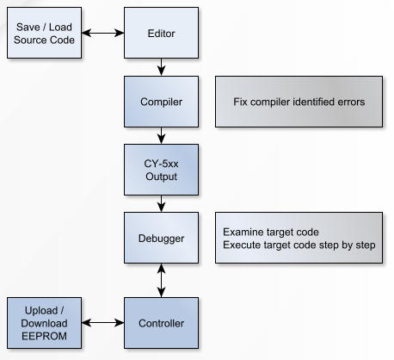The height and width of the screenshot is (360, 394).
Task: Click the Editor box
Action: click(x=161, y=33)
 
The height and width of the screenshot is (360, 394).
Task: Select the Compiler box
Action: click(x=161, y=102)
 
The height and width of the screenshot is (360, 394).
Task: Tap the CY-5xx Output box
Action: click(x=161, y=170)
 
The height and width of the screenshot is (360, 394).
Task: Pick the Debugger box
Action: click(x=161, y=238)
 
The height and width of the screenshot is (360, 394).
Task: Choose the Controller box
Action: click(x=161, y=323)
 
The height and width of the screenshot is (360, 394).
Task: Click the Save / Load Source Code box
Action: click(x=44, y=33)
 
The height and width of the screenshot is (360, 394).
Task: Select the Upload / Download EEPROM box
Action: click(x=44, y=323)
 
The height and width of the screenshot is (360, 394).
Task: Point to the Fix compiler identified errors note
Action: click(x=299, y=102)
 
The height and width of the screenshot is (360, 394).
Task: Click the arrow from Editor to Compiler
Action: click(x=161, y=67)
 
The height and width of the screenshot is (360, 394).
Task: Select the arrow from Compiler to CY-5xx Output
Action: click(x=161, y=135)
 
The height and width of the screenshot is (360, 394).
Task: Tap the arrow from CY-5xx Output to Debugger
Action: click(x=161, y=204)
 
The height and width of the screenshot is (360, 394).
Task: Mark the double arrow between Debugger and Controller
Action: click(x=161, y=281)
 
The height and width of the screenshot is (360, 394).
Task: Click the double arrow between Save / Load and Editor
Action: click(x=102, y=33)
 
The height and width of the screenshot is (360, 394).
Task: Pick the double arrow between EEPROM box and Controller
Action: click(x=102, y=323)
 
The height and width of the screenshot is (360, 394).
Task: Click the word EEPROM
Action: click(x=44, y=336)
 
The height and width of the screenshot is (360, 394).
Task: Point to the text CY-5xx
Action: click(x=161, y=164)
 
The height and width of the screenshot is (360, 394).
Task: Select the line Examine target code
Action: click(x=271, y=232)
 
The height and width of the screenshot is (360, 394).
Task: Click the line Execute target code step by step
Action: click(x=299, y=245)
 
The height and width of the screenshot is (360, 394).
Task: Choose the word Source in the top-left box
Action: click(x=28, y=40)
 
